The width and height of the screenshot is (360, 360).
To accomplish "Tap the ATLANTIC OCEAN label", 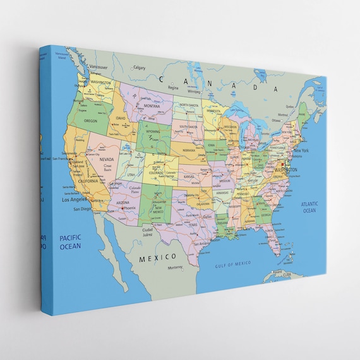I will (x=309, y=207).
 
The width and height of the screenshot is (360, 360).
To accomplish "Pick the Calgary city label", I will (x=139, y=68).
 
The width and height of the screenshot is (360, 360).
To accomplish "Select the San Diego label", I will (x=83, y=208).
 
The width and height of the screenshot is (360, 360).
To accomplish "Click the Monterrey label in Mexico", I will (x=175, y=268).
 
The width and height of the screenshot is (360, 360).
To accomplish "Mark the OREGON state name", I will (x=91, y=121).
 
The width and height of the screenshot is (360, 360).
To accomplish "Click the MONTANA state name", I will (x=152, y=106).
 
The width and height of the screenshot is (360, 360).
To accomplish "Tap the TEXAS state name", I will (x=193, y=225).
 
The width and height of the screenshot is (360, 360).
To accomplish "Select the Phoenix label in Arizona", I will (x=130, y=208).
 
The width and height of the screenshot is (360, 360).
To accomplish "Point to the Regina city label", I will (x=172, y=87).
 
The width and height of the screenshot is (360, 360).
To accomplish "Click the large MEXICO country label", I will (x=158, y=257).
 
